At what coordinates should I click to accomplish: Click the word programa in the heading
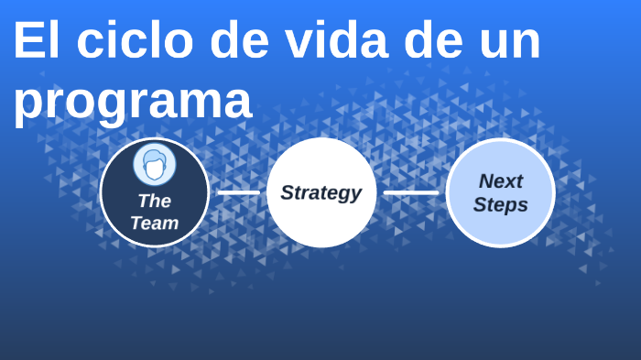132,101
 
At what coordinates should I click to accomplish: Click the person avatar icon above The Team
155,165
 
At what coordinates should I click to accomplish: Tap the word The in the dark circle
154,201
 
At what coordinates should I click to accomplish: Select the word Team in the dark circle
154,223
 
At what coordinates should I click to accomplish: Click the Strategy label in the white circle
320,192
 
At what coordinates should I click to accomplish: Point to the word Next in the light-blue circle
501,180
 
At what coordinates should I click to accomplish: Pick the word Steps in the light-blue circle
501,204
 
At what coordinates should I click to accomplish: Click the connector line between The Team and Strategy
238,192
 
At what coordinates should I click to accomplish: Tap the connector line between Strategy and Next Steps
411,192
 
